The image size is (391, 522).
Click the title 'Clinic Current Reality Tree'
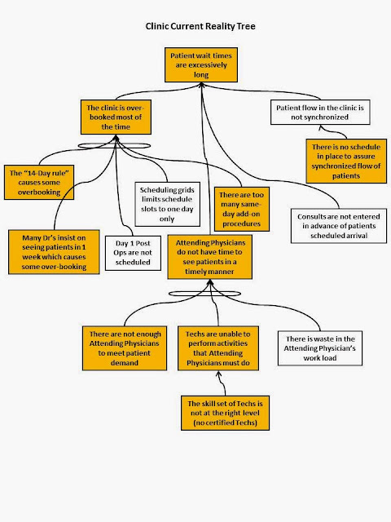coord(200,26)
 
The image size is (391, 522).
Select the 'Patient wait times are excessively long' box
coord(201,65)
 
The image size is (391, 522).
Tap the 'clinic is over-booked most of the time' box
coord(116,117)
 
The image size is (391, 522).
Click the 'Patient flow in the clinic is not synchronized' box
coord(320,113)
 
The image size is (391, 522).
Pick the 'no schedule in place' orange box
coord(346,161)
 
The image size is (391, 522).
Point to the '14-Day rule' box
coord(39,183)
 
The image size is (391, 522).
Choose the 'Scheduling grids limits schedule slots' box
coord(167,204)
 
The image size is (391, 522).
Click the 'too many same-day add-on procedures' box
coord(241,209)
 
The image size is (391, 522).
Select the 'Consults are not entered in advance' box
coord(339,226)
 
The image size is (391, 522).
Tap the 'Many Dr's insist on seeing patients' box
coord(54,252)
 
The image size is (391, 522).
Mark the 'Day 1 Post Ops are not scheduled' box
coord(133,253)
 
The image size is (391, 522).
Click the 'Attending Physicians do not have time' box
coord(210,257)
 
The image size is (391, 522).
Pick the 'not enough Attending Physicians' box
coord(125,348)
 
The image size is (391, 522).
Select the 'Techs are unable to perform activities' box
coord(218,348)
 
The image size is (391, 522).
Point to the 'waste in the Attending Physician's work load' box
coord(320,348)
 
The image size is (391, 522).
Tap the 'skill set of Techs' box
coord(225,413)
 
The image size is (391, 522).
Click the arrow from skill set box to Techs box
coord(222,383)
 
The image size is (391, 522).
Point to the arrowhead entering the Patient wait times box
coord(201,85)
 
